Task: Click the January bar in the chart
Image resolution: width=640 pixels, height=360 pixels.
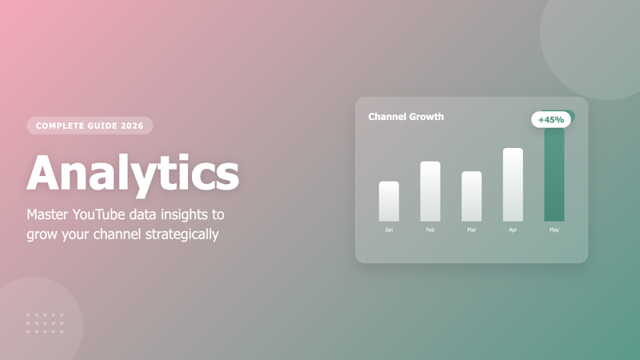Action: coord(389,202)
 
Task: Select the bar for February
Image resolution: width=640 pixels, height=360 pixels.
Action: coord(430,192)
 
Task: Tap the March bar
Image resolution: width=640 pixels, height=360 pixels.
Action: coord(472,197)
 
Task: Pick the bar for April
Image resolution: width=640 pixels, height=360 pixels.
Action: coord(513,185)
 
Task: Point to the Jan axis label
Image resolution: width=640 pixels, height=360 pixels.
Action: coord(389,230)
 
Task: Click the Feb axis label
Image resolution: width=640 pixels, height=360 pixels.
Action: coord(430,230)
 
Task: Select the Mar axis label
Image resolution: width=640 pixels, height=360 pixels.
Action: coord(472,230)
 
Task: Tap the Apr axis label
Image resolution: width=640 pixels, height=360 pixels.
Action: coord(513,230)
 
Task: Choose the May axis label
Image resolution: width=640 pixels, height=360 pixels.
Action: coord(554,230)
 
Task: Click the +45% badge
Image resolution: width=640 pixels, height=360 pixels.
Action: coord(550,120)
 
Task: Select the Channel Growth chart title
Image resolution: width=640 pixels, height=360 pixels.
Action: coord(406,117)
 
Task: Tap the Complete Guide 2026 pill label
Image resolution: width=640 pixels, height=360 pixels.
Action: coord(90,126)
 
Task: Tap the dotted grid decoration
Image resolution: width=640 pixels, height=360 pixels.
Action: coord(45,323)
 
